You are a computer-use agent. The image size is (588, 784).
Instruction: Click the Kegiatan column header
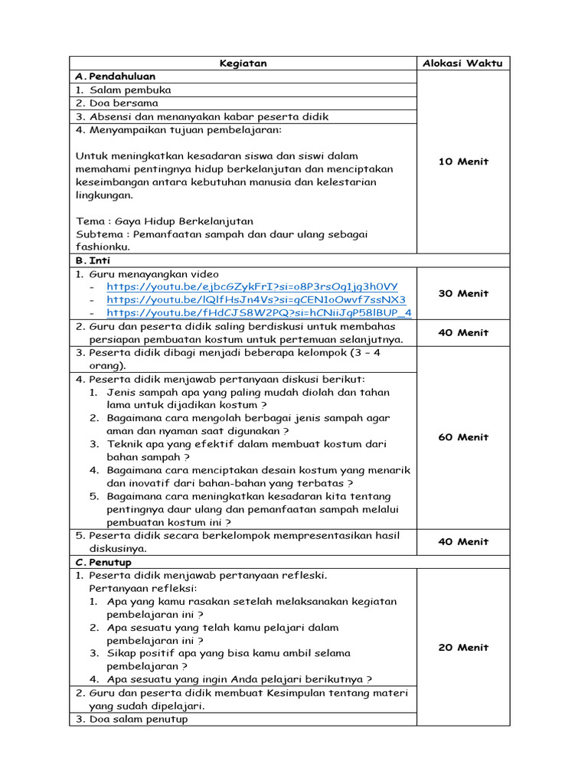click(x=243, y=64)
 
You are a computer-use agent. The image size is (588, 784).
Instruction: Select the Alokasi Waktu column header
click(x=462, y=64)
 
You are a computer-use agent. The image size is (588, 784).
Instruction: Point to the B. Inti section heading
click(x=94, y=260)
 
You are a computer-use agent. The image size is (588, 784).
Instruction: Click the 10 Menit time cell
click(x=462, y=162)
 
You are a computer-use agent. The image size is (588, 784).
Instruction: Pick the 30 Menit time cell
click(x=462, y=293)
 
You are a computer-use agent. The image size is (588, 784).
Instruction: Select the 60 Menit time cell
click(x=462, y=437)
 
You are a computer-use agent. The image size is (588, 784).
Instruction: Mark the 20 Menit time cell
click(x=462, y=647)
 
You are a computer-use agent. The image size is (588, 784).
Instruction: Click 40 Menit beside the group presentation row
click(x=462, y=541)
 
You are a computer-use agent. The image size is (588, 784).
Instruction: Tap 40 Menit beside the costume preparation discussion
click(x=462, y=332)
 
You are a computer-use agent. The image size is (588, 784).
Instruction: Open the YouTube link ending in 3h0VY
click(x=252, y=286)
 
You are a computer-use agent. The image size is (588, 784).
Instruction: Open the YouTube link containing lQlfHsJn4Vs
click(x=256, y=299)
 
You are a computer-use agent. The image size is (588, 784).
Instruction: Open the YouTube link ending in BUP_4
click(x=259, y=312)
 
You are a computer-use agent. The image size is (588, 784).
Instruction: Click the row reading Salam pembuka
click(x=129, y=90)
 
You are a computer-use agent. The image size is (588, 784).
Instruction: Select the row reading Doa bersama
click(x=123, y=103)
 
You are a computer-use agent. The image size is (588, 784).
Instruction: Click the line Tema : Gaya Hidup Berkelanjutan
click(x=164, y=221)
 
